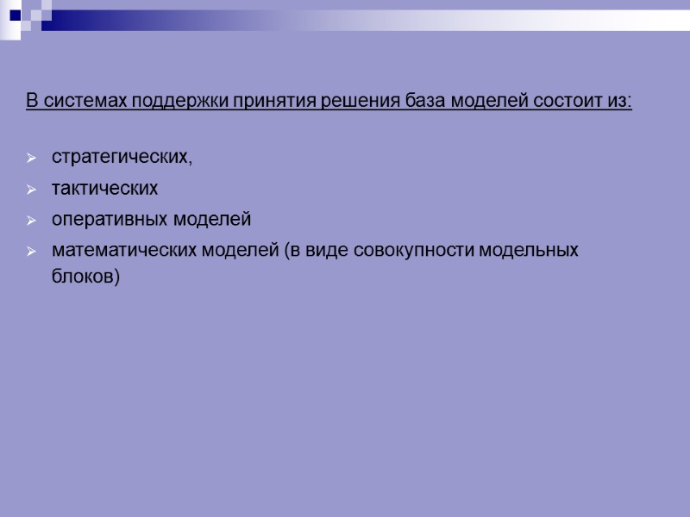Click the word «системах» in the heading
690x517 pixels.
point(82,103)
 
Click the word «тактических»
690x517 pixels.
point(105,189)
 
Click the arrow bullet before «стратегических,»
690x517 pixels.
point(31,159)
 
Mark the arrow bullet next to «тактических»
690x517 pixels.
point(31,190)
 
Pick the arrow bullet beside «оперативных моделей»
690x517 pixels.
point(31,221)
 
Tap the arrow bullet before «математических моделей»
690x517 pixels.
point(31,252)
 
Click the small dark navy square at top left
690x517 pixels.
point(15,14)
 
